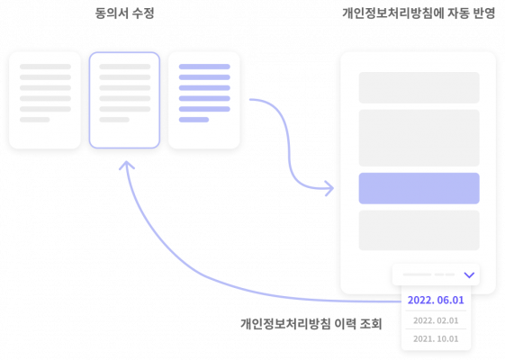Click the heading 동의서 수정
124,13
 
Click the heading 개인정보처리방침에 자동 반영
419,13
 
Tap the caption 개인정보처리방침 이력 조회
311,324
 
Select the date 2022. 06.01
436,300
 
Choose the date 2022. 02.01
436,320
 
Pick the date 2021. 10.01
436,338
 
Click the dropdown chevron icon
469,275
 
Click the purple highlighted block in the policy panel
419,188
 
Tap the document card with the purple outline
124,100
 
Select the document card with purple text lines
204,100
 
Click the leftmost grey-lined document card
45,100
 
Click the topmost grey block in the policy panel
419,87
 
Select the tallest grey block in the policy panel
419,138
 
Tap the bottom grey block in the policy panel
419,230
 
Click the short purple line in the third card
194,120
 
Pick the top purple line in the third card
204,67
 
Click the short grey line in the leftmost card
35,120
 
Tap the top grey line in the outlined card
125,67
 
